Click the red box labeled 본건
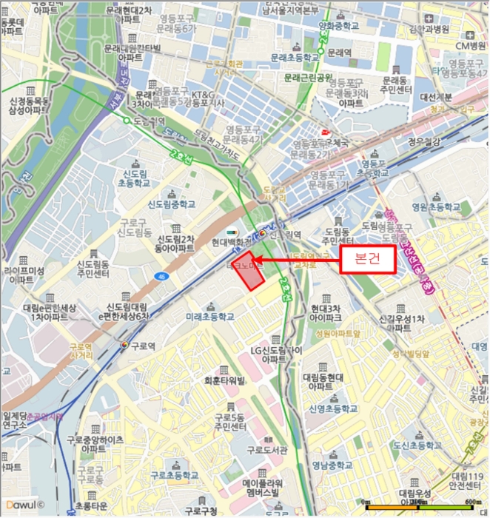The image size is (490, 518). point(365,260)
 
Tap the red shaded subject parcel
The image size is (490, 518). point(249,275)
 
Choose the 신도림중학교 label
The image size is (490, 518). point(172,204)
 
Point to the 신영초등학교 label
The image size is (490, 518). point(333,408)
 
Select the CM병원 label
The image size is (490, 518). point(468,46)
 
